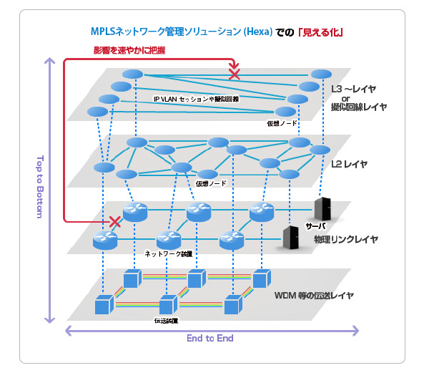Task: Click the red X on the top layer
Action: point(234,73)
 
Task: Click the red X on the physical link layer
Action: point(113,223)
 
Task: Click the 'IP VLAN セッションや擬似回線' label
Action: point(196,97)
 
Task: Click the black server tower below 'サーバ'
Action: point(291,238)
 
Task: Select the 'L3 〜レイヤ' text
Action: point(354,89)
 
